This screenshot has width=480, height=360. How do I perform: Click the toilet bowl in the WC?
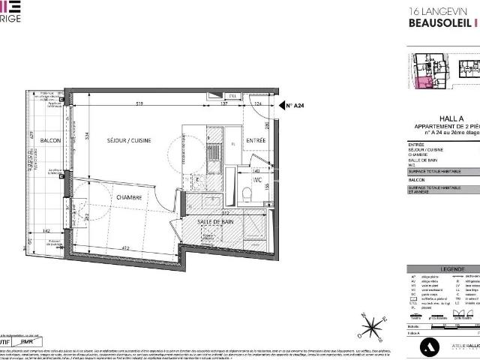[247, 194]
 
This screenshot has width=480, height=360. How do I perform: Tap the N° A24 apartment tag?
[295, 106]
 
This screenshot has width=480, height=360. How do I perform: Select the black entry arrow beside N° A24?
[277, 106]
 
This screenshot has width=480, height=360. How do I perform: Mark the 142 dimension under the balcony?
[46, 232]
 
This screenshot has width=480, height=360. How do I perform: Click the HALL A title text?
[448, 118]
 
